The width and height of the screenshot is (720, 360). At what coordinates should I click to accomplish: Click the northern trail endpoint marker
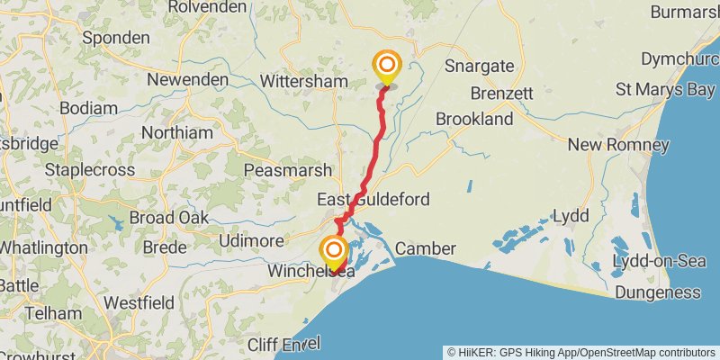[387, 66]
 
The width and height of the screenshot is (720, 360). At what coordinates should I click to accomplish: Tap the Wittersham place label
[303, 81]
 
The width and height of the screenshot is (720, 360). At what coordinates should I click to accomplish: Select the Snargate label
[479, 66]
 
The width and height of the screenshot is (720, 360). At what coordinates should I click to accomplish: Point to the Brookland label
[473, 120]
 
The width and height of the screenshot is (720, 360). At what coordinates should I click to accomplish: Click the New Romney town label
[630, 145]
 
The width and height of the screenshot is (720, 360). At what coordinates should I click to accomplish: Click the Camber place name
[426, 248]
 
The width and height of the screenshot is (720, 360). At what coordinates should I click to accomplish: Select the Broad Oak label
[169, 218]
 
